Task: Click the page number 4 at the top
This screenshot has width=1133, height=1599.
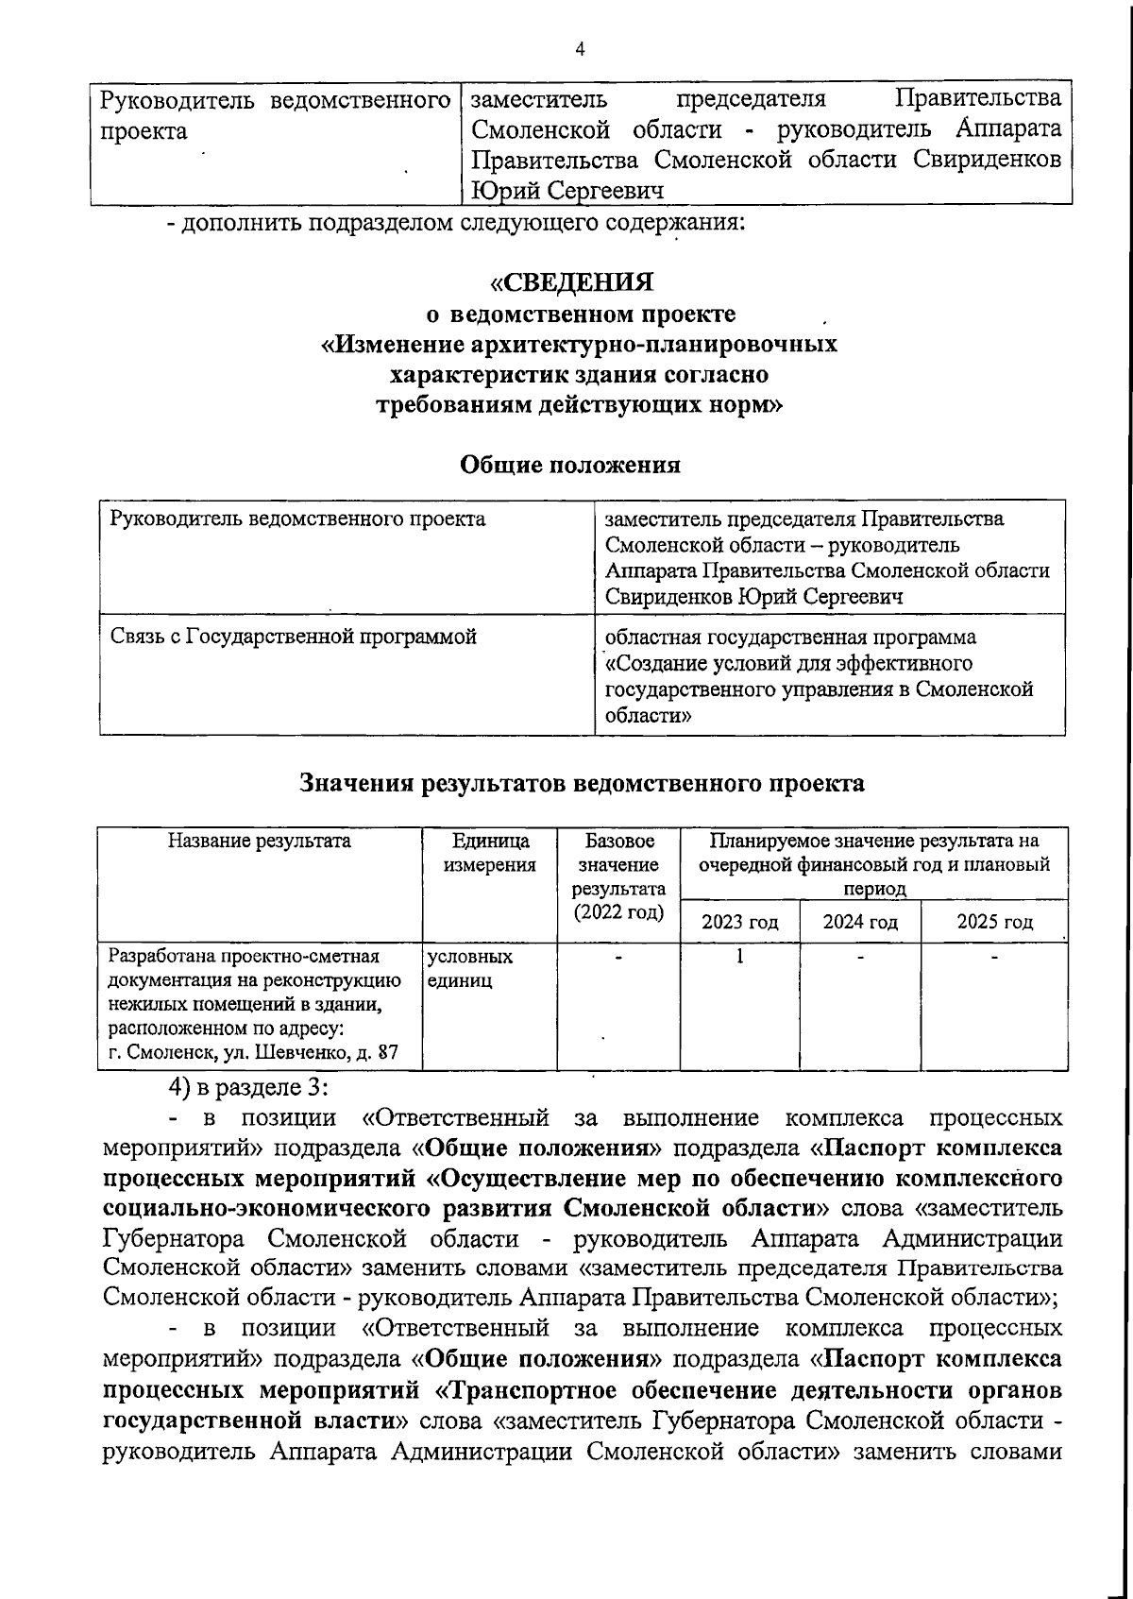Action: (580, 49)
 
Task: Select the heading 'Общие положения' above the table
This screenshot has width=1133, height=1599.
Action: (569, 465)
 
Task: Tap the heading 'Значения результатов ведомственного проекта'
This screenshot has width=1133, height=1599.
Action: (582, 783)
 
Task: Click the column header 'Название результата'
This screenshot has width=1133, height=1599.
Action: (259, 842)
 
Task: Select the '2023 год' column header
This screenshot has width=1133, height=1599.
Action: (739, 922)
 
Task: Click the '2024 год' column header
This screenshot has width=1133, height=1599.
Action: (859, 922)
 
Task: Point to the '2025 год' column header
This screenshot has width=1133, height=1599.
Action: (994, 922)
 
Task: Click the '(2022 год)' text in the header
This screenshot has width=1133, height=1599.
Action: (618, 912)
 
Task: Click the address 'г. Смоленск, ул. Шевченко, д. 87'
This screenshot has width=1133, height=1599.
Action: (253, 1052)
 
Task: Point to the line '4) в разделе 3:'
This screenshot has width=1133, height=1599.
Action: (248, 1087)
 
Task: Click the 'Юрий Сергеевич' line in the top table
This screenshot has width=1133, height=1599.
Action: (566, 191)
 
